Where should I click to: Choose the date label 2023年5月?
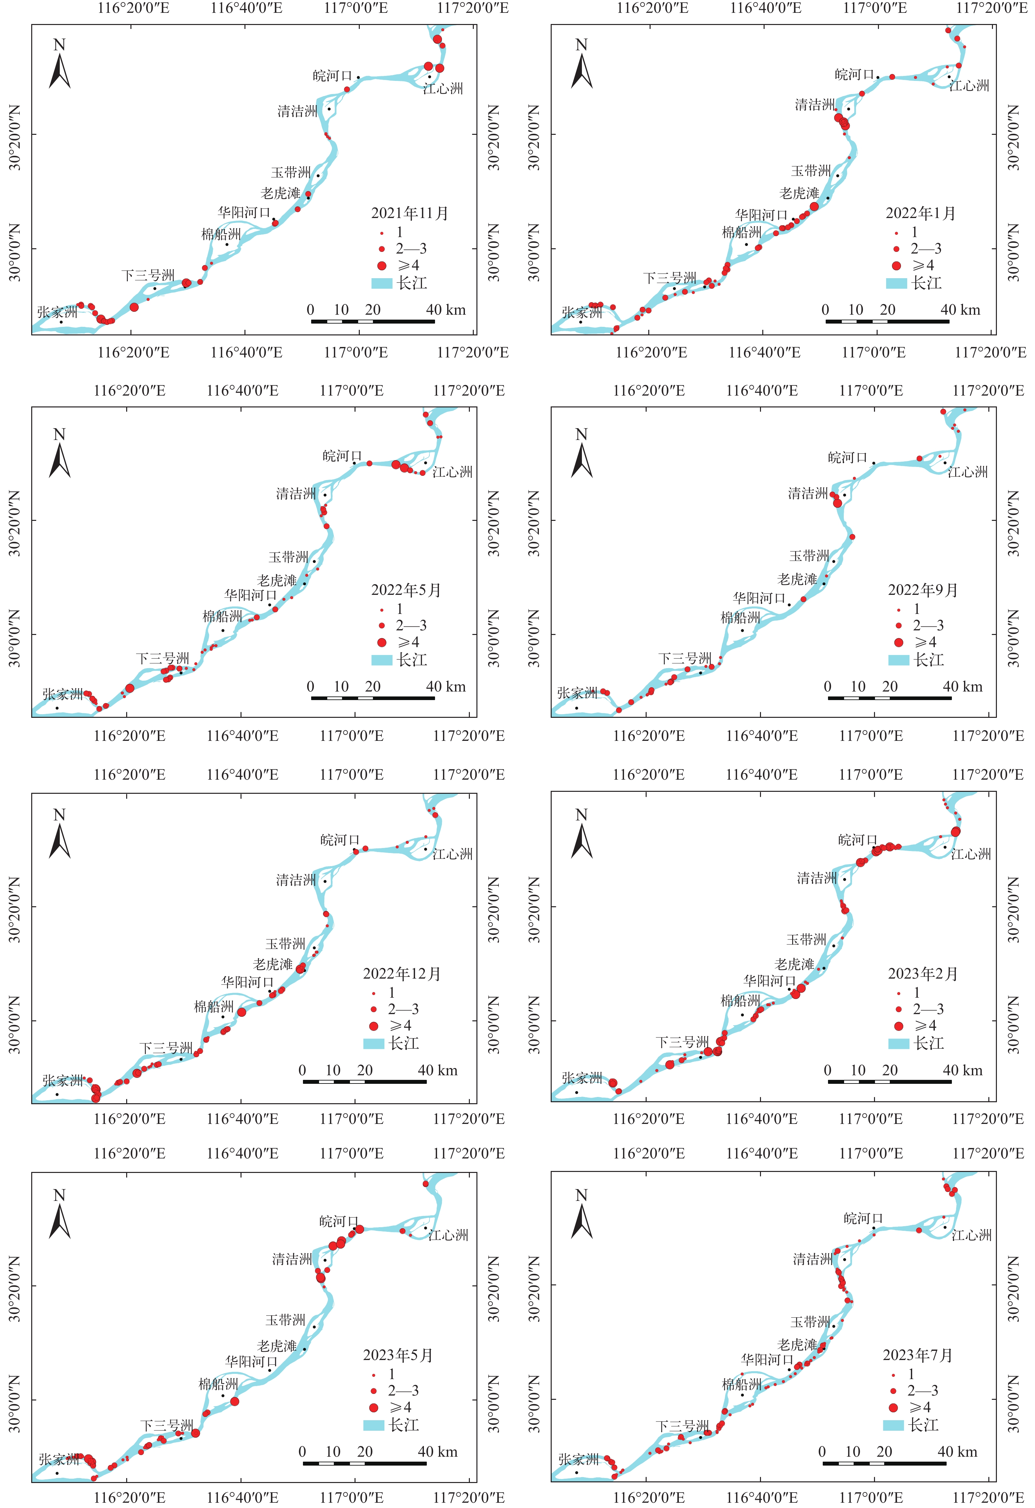[398, 1355]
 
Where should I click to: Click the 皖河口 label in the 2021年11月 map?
[332, 76]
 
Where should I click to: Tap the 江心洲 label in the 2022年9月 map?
[968, 472]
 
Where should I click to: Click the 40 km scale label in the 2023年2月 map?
[962, 1070]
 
